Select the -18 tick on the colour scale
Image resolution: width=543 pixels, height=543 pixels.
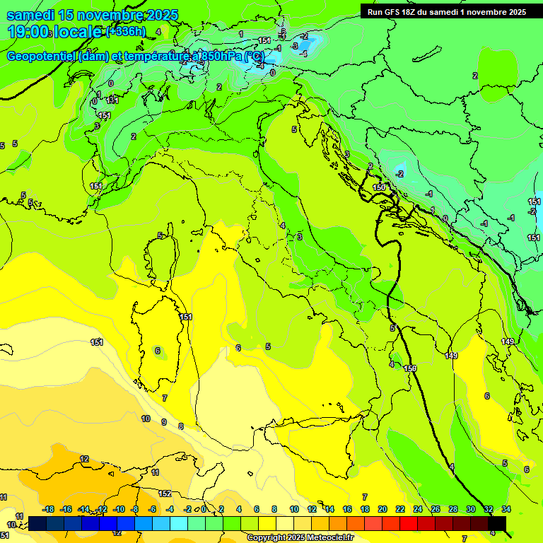pyautogui.click(x=48, y=509)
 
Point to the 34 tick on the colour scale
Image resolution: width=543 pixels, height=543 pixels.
pyautogui.click(x=506, y=509)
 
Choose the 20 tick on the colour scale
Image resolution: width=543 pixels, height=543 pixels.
pyautogui.click(x=383, y=509)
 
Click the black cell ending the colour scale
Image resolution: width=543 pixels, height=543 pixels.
pyautogui.click(x=496, y=522)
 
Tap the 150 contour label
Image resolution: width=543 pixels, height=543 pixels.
pyautogui.click(x=380, y=187)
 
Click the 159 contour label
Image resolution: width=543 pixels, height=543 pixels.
pyautogui.click(x=410, y=368)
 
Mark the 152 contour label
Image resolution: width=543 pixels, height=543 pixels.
pyautogui.click(x=165, y=494)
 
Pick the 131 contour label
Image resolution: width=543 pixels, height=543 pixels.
pyautogui.click(x=112, y=100)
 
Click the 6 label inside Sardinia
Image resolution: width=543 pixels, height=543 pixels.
pyautogui.click(x=158, y=351)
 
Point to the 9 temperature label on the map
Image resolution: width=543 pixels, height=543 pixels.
pyautogui.click(x=164, y=422)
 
